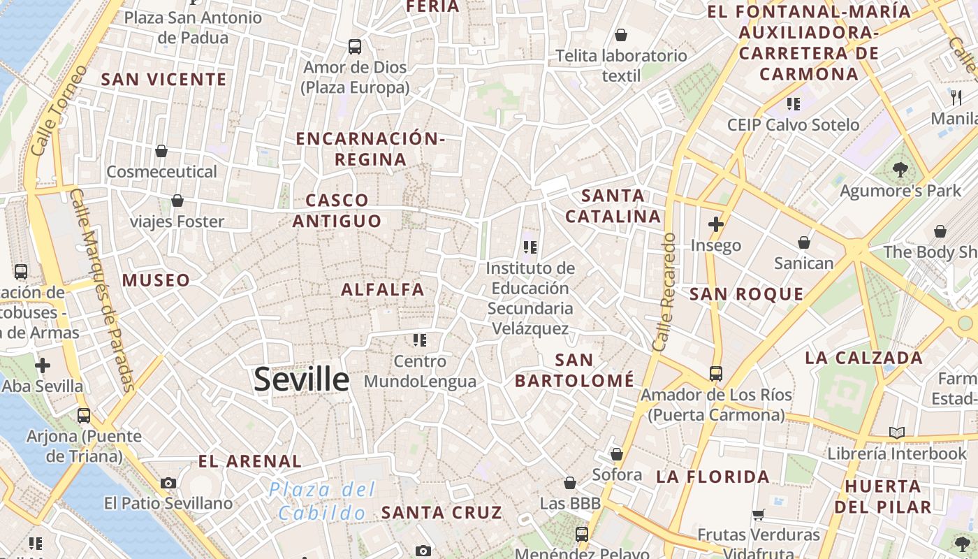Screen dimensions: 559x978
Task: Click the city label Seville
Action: [301, 379]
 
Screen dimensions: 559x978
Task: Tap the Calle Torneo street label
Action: [60, 110]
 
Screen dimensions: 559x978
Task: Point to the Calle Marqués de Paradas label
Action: [102, 290]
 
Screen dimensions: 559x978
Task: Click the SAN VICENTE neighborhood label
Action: [164, 79]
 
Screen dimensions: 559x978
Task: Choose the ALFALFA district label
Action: [383, 289]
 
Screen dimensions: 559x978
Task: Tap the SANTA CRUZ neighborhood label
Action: [441, 512]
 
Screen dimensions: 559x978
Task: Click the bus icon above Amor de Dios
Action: [355, 47]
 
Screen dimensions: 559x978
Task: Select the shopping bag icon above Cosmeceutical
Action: [161, 151]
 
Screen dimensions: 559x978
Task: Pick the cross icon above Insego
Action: [715, 224]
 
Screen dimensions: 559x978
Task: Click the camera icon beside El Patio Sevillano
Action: [168, 483]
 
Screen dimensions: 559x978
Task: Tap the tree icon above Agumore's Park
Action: [900, 169]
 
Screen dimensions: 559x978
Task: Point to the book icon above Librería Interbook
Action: [897, 433]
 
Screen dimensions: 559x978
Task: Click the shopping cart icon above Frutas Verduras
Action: [758, 515]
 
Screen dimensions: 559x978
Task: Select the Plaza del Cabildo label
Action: [323, 501]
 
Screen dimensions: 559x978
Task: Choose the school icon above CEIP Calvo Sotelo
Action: [793, 104]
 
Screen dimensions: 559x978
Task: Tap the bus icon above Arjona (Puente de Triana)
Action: [84, 416]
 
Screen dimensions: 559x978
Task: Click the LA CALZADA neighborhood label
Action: [863, 358]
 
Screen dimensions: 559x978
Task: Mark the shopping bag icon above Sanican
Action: [804, 242]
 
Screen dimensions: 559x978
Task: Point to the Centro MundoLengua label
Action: [420, 371]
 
